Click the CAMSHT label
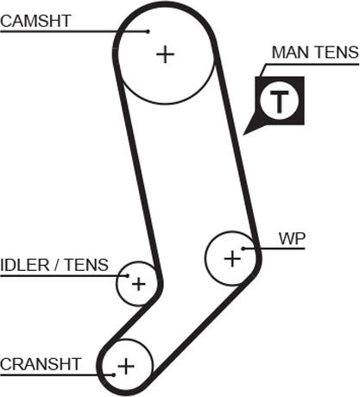point(35,21)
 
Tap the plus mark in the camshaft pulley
point(165,54)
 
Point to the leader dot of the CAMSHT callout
point(148,31)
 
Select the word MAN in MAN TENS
point(292,53)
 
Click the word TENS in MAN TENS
point(337,53)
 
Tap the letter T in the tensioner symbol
point(279,101)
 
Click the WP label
point(292,238)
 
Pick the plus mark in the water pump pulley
point(232,258)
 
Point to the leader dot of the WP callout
point(243,249)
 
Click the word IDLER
point(25,265)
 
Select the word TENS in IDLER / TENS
point(86,265)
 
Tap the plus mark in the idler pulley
point(138,284)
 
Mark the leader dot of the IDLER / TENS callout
point(128,275)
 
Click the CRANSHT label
point(41,364)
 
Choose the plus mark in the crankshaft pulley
point(126,366)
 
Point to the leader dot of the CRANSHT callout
point(114,375)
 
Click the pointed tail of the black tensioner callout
point(243,134)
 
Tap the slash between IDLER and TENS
point(57,265)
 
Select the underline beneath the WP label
point(274,249)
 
